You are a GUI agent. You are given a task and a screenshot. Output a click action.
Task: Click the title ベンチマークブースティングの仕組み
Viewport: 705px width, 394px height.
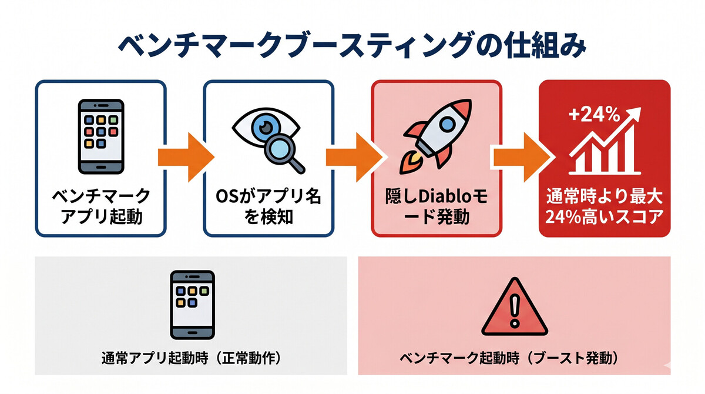click(x=352, y=46)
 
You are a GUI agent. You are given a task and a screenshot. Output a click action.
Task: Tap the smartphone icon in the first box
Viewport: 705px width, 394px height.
click(x=101, y=136)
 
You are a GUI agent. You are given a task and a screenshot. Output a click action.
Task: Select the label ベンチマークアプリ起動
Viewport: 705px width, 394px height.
click(x=101, y=207)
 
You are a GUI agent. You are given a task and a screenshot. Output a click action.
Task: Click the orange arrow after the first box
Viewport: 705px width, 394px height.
click(x=186, y=158)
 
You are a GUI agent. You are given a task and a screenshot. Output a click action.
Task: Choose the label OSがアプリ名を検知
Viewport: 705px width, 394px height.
click(x=269, y=207)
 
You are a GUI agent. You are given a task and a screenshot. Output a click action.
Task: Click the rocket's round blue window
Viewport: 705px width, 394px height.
click(x=447, y=123)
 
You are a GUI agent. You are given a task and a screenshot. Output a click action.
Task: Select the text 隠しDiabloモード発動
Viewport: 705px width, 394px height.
click(x=437, y=207)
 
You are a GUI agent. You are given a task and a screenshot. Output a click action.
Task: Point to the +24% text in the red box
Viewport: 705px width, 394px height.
click(x=594, y=115)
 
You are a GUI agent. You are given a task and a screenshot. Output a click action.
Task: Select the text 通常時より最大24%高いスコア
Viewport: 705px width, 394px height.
click(x=605, y=207)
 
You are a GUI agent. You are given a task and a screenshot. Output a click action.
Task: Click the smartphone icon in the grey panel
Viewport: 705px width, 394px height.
click(x=192, y=305)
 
